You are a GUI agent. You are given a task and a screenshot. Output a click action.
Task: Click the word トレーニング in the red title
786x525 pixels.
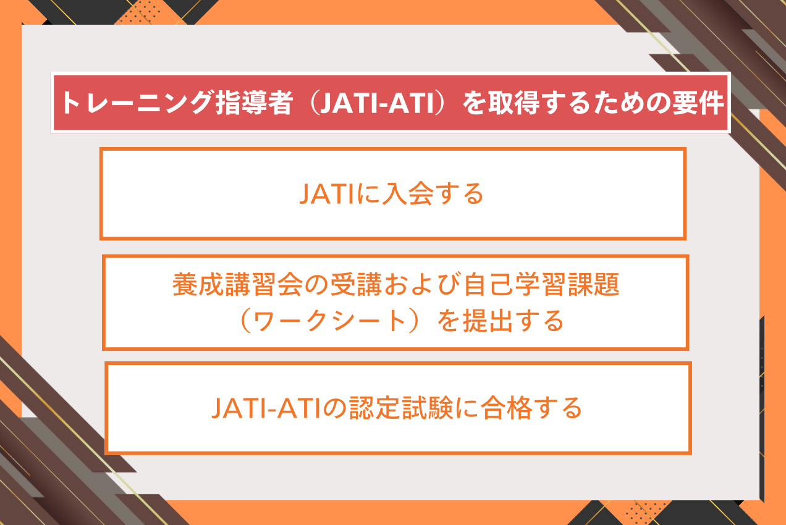click(137, 103)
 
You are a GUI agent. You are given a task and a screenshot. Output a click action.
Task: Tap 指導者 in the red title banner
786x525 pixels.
click(254, 103)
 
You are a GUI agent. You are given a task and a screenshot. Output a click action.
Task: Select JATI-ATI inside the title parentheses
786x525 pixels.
click(377, 103)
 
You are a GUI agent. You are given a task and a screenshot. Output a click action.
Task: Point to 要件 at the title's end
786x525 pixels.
click(698, 103)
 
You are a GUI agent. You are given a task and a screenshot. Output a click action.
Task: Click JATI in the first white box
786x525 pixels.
click(326, 194)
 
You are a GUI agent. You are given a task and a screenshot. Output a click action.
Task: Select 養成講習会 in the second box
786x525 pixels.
click(237, 284)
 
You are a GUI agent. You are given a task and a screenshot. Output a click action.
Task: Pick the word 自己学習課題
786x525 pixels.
click(541, 284)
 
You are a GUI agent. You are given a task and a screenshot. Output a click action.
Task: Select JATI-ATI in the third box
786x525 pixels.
click(266, 408)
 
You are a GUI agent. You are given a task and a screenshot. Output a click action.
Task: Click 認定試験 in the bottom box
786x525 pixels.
click(401, 408)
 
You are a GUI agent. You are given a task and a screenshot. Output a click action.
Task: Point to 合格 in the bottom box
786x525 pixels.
click(506, 408)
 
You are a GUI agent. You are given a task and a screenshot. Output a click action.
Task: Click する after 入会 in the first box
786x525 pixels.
click(460, 194)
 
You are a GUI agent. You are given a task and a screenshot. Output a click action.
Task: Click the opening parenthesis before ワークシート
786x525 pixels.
click(245, 321)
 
